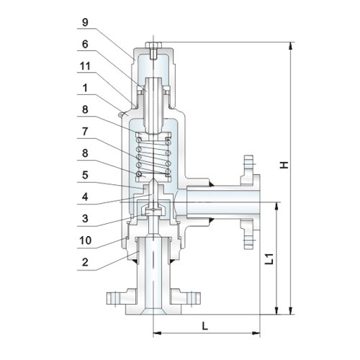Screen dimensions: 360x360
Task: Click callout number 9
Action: tap(85, 22)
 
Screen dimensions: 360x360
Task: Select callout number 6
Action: tap(85, 44)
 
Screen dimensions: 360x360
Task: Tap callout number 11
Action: tap(85, 66)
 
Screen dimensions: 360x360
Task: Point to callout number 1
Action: tap(85, 88)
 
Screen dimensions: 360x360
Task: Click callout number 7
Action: tap(85, 132)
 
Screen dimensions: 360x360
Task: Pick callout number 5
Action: tap(85, 175)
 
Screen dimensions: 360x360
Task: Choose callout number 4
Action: tap(85, 197)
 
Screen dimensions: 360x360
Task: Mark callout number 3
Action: tap(85, 219)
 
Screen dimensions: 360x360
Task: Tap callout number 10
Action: tap(86, 240)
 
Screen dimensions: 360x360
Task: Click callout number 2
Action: tap(85, 262)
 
